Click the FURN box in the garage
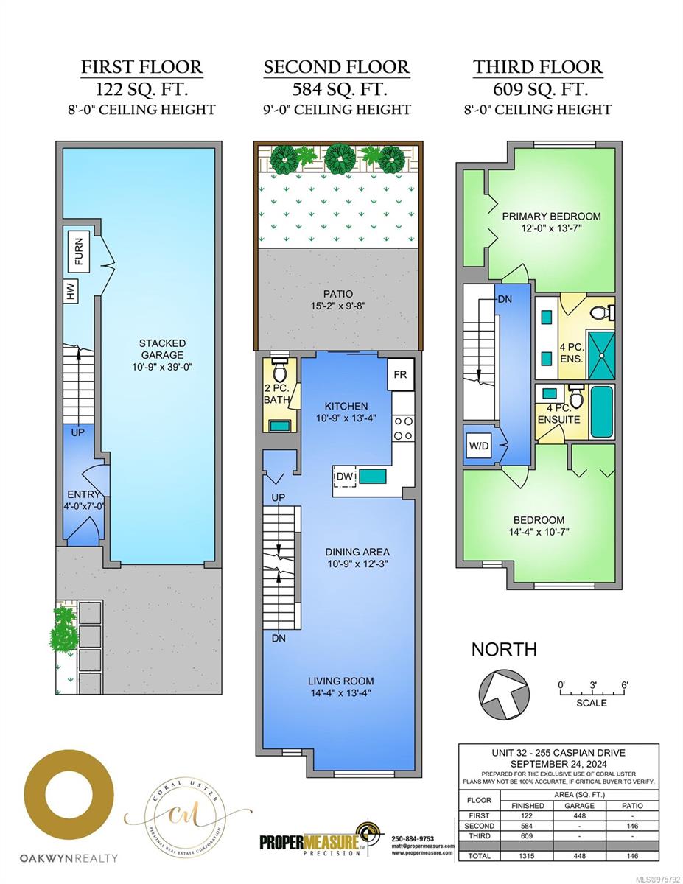(78, 251)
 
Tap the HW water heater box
(71, 294)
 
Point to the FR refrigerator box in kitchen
(400, 375)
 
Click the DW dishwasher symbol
(345, 477)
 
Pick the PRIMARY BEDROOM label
(551, 217)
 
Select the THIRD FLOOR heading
(538, 67)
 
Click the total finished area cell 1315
(528, 856)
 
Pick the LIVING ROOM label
(341, 681)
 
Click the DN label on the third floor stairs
(504, 300)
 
